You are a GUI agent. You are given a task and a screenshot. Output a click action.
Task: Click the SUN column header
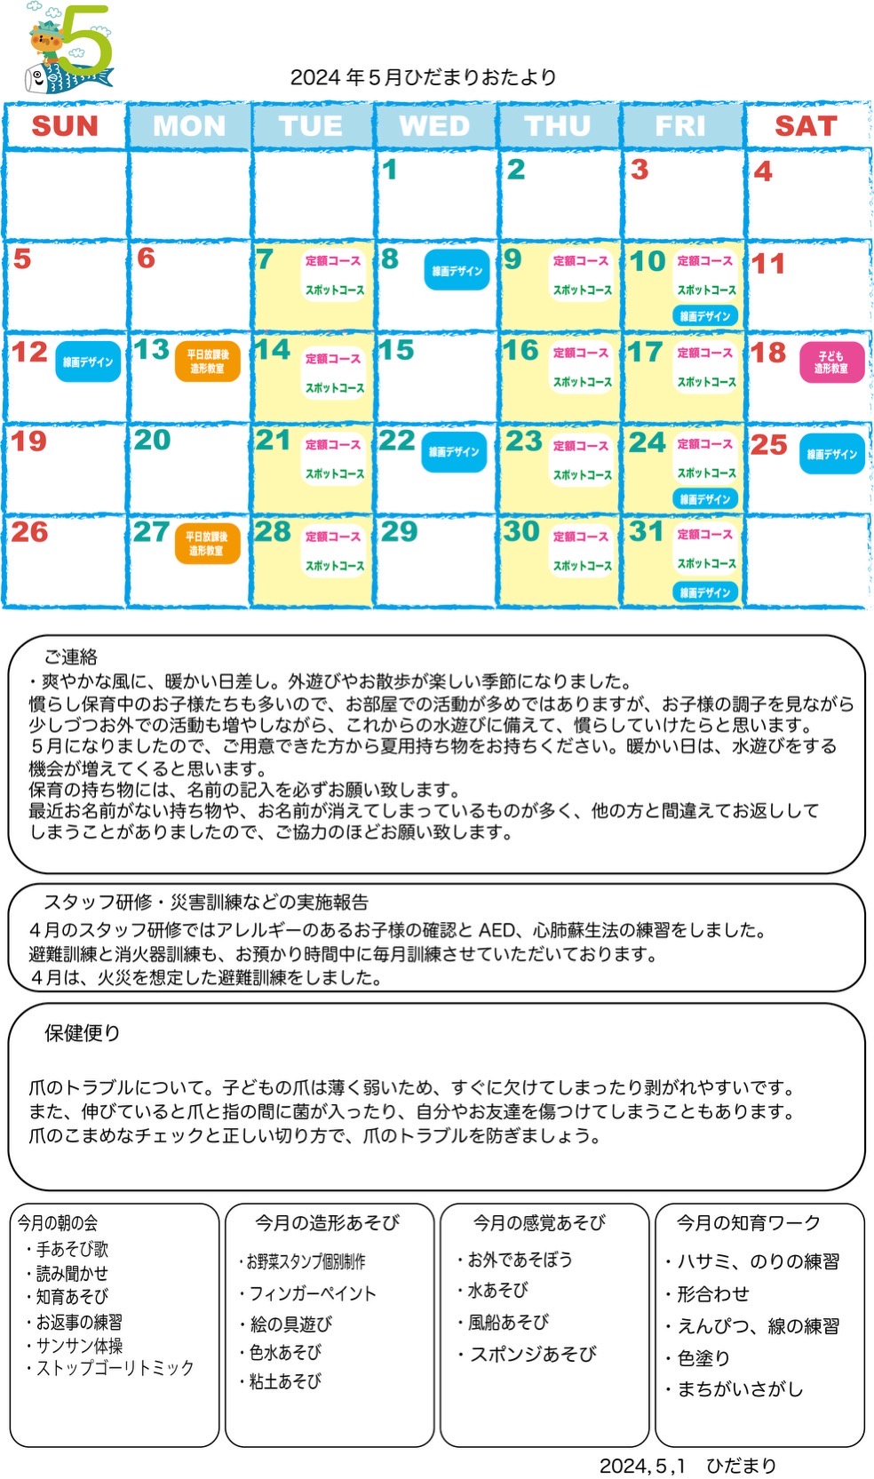(65, 125)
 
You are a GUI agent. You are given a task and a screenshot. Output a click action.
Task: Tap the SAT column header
(806, 125)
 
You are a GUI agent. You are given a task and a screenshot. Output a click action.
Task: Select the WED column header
(434, 125)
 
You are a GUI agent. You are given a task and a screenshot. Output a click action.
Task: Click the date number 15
(397, 350)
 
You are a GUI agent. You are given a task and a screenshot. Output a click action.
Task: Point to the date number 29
(399, 531)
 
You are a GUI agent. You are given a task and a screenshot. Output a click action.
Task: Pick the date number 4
(762, 171)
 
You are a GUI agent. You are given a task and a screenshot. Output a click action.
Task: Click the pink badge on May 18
(831, 362)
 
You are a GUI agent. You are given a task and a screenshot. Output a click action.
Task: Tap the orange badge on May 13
(207, 362)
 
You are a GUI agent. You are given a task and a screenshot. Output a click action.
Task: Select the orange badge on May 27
(207, 544)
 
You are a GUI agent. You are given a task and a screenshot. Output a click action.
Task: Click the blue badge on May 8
(457, 270)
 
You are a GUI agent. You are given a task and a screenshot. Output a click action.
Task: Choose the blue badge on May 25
(831, 454)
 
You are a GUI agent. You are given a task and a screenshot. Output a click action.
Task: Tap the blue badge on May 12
(88, 362)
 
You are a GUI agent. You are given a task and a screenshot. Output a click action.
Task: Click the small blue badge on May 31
(705, 592)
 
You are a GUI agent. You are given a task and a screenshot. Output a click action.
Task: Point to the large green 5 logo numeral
(86, 40)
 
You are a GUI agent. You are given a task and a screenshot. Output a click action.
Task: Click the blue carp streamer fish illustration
(66, 78)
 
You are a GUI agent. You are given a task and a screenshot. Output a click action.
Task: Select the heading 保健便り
(82, 1033)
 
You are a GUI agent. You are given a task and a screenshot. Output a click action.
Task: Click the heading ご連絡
(71, 657)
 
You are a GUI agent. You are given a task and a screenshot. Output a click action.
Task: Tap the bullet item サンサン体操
(79, 1346)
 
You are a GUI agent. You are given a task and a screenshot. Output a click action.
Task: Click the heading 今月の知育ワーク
(749, 1223)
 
